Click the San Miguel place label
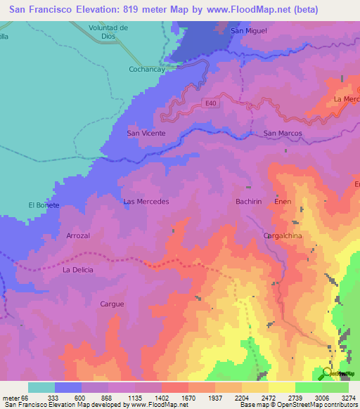250,32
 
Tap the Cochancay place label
146,70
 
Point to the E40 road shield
212,103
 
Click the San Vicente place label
146,133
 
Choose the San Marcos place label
282,133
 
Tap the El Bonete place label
44,204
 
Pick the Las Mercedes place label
146,202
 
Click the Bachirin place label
248,202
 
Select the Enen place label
283,202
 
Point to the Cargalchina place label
282,236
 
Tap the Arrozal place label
78,236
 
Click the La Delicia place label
77,270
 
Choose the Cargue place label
112,304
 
